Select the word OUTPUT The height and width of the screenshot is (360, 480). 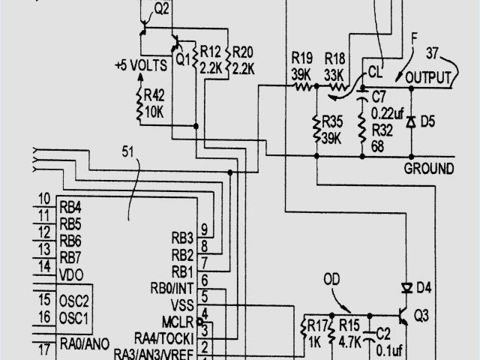428,78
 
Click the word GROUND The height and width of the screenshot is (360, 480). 429,167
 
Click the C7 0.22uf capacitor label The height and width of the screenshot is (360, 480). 387,104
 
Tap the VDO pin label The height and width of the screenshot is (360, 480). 71,274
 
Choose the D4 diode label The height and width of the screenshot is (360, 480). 424,287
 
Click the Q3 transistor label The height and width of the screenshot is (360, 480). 421,316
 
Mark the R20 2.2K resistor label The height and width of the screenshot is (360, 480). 243,59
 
